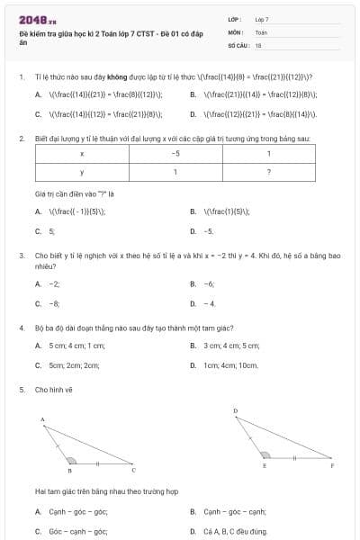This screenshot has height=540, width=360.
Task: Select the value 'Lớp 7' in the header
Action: pyautogui.click(x=262, y=18)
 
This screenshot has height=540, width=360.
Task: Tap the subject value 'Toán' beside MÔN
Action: pyautogui.click(x=261, y=31)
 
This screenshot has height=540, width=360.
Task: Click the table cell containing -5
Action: pyautogui.click(x=175, y=153)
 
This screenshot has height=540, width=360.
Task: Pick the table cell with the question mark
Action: pyautogui.click(x=269, y=172)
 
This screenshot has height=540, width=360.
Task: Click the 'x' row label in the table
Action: pyautogui.click(x=82, y=153)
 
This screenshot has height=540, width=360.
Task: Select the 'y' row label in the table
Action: pyautogui.click(x=82, y=172)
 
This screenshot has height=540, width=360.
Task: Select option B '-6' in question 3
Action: pyautogui.click(x=209, y=283)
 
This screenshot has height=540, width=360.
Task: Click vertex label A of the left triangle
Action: pyautogui.click(x=42, y=420)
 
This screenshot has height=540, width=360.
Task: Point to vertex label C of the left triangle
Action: pyautogui.click(x=134, y=470)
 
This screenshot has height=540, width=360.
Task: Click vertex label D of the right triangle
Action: pyautogui.click(x=236, y=411)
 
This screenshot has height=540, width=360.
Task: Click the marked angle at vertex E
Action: pyautogui.click(x=265, y=455)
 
